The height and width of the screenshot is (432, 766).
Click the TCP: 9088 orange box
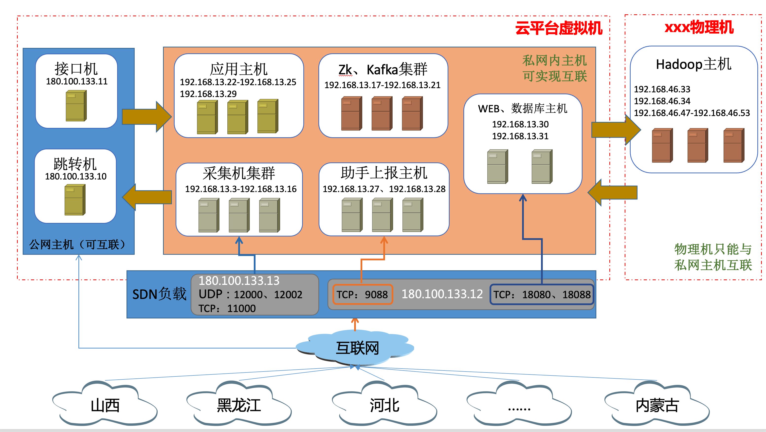(x=363, y=295)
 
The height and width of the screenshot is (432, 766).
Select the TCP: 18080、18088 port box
(x=542, y=295)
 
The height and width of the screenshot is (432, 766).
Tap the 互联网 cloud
(x=357, y=348)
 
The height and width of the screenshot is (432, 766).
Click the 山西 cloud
(x=105, y=405)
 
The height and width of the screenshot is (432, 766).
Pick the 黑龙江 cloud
(x=239, y=405)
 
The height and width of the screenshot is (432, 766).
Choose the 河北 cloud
(x=384, y=405)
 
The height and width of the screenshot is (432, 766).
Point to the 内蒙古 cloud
(x=657, y=405)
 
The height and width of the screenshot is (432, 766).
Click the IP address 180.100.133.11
(x=77, y=81)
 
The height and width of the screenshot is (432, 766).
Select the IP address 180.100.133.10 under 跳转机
(x=75, y=176)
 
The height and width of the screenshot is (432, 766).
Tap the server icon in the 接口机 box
(x=76, y=106)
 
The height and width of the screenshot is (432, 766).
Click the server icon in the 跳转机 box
(x=75, y=200)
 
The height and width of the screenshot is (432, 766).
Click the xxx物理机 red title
(x=699, y=27)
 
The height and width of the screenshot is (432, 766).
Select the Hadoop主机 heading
(x=693, y=64)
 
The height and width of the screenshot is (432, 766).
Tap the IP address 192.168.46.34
(x=662, y=101)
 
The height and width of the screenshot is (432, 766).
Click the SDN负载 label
(x=159, y=294)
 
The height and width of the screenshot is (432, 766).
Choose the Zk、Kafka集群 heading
(x=383, y=70)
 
